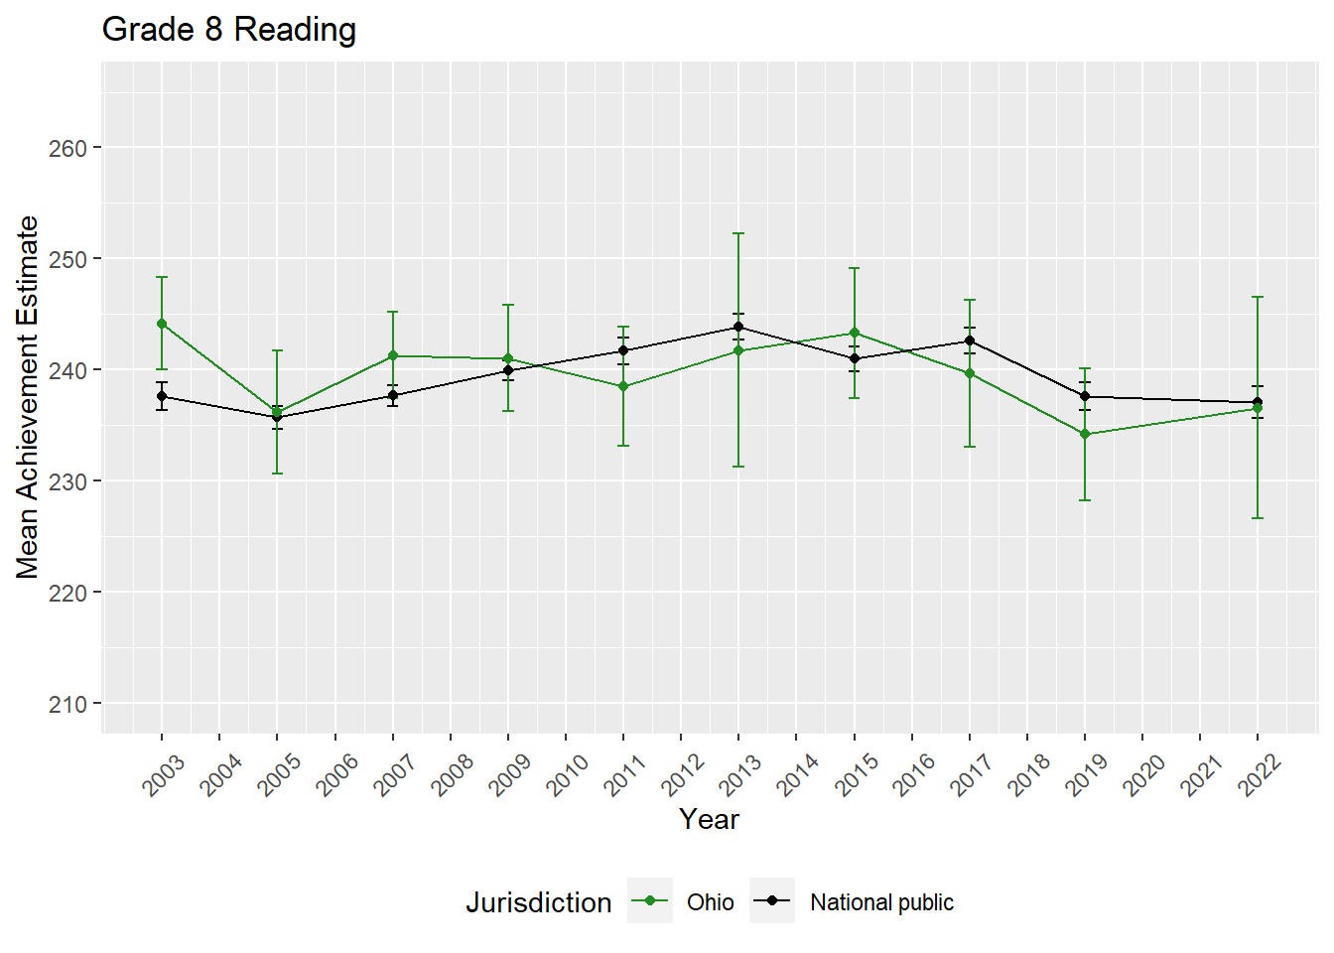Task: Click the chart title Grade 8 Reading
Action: coord(229,30)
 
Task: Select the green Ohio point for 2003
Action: coord(162,324)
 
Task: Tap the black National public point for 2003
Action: coord(162,396)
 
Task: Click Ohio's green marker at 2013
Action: coord(738,350)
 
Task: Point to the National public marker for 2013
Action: coord(738,327)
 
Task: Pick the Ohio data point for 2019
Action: coord(1085,434)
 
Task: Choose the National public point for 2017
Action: coord(970,340)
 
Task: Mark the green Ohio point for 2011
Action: coord(623,386)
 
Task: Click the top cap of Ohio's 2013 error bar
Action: coord(738,233)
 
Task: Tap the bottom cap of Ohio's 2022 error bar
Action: coord(1258,518)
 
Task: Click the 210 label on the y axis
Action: coord(67,704)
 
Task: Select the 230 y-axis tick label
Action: coord(67,481)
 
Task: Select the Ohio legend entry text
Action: coord(711,902)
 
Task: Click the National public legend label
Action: coord(881,902)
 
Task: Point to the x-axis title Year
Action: coord(709,819)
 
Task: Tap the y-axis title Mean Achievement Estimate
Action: coord(28,397)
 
